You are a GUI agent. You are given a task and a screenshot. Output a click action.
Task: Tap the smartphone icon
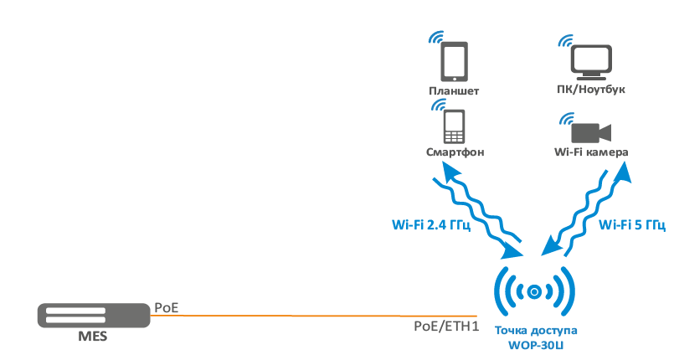454,126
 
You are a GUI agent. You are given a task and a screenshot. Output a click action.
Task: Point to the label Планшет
453,89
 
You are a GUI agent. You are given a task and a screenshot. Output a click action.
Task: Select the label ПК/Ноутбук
591,89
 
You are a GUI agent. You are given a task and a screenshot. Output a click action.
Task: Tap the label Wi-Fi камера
591,153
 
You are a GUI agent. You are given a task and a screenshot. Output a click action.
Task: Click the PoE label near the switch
166,307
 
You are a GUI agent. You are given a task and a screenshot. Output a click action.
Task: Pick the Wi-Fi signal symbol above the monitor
567,40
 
